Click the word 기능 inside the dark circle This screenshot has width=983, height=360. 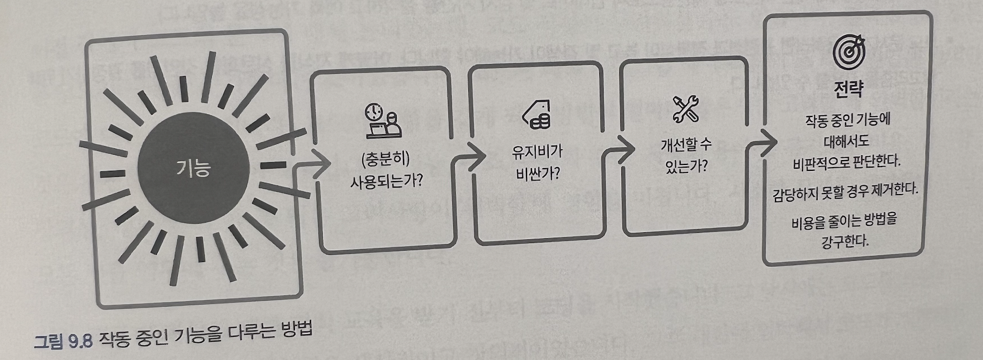click(193, 169)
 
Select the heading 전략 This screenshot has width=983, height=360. click(848, 89)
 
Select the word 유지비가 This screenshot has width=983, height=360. click(537, 153)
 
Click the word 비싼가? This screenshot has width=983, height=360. click(537, 174)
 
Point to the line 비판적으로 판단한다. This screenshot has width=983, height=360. click(847, 162)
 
